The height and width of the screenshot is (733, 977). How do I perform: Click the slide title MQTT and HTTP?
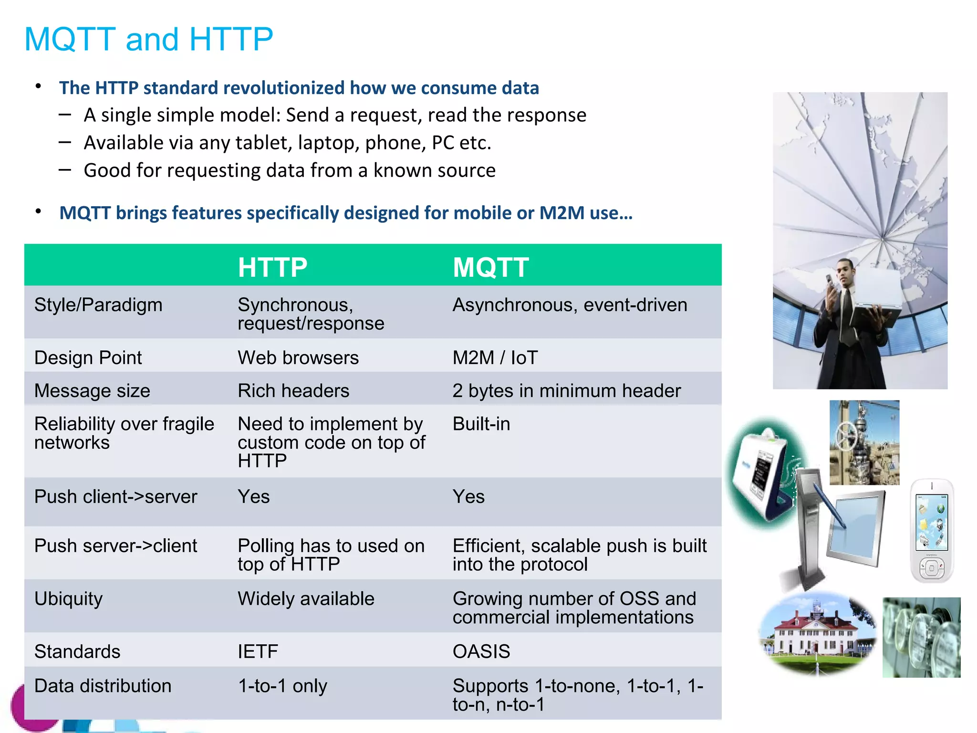pos(148,39)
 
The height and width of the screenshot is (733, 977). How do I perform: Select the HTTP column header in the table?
pos(272,267)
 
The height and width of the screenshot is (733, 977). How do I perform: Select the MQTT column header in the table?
pos(490,267)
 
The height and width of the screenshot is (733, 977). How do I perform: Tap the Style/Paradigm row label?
pos(98,305)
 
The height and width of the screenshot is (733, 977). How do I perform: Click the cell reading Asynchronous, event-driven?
pos(570,305)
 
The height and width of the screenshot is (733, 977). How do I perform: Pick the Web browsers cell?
pos(298,358)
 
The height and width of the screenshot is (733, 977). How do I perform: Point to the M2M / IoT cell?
pos(495,358)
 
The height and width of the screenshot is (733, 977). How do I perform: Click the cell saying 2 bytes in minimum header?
pos(566,391)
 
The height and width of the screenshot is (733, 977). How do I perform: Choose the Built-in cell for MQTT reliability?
pos(481,424)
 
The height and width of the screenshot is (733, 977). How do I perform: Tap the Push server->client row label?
pos(115,546)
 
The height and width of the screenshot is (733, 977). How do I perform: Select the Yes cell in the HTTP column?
pos(253,497)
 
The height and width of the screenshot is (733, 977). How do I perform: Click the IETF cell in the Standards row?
pos(258,652)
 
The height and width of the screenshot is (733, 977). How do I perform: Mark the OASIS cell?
pos(481,652)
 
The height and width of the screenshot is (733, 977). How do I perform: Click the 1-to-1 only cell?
pos(282,686)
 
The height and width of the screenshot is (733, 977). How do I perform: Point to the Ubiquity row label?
pos(68,599)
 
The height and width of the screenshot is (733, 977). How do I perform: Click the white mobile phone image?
pos(932,531)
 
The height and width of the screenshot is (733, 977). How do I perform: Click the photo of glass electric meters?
pos(921,638)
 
